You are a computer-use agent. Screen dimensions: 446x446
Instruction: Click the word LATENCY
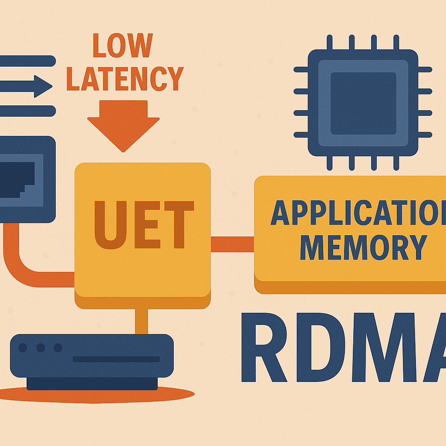pyautogui.click(x=125, y=78)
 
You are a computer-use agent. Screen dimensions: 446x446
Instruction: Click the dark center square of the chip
pyautogui.click(x=363, y=103)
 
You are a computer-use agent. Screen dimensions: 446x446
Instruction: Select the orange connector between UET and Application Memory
pyautogui.click(x=232, y=244)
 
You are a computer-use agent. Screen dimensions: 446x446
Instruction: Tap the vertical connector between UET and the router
pyautogui.click(x=141, y=321)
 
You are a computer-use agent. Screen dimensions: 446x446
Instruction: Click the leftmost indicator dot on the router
pyautogui.click(x=23, y=348)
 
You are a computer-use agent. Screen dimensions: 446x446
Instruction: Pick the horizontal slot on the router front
pyautogui.click(x=116, y=359)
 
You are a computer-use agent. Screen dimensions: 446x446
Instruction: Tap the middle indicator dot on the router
pyautogui.click(x=41, y=348)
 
